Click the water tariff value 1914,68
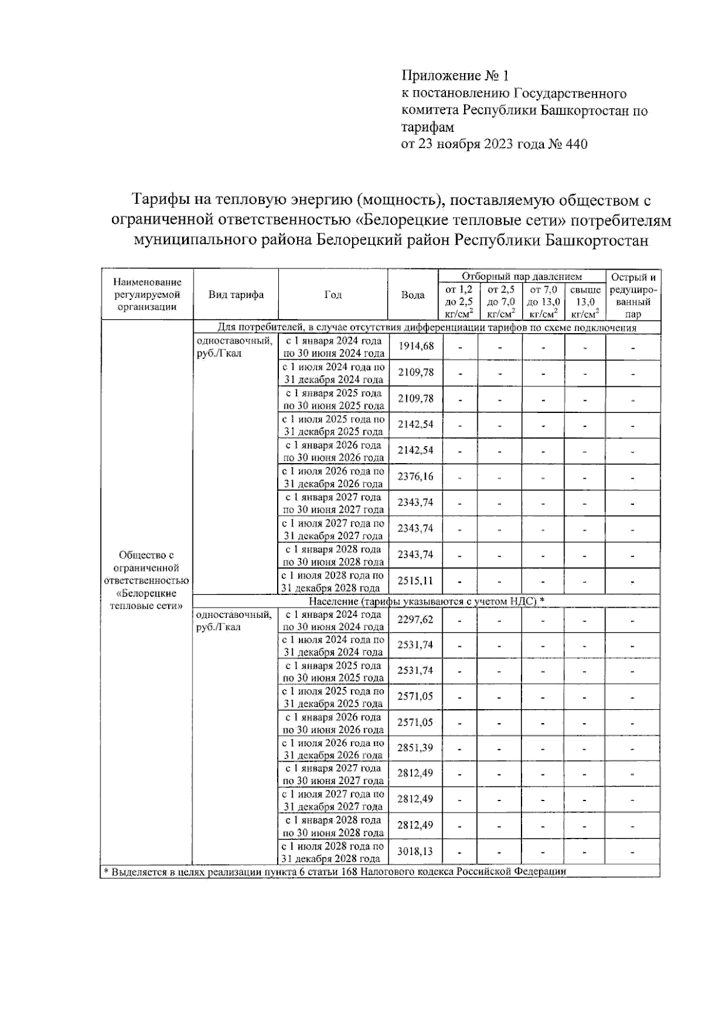(416, 346)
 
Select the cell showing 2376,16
(416, 476)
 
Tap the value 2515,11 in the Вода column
(416, 581)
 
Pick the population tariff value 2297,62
(416, 620)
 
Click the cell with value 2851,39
(416, 748)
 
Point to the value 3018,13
(416, 851)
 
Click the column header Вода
(413, 295)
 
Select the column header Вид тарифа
(236, 295)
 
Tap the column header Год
(333, 295)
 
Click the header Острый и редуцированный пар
(633, 295)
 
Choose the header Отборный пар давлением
(522, 277)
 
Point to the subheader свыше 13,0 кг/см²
(585, 301)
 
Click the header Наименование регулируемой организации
(147, 294)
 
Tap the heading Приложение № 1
(455, 76)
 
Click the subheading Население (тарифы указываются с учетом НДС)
(427, 601)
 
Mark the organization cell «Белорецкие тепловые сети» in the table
(146, 580)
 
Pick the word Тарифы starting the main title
(161, 200)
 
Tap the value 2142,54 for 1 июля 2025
(416, 424)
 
